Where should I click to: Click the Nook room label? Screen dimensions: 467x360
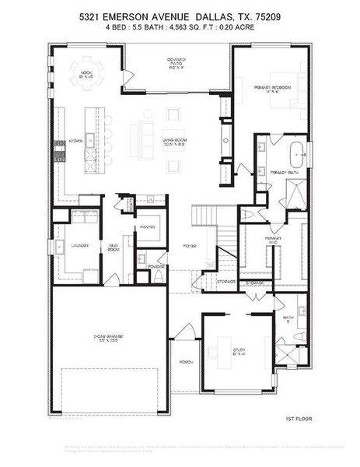click(86, 74)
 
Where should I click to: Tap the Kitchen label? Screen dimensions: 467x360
click(75, 142)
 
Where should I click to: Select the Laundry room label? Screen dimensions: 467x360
click(80, 245)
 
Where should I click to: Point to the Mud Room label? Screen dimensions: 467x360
click(114, 247)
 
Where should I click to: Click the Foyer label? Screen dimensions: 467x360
click(189, 245)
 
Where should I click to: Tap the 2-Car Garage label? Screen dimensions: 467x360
click(109, 338)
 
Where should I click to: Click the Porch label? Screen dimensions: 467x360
click(186, 362)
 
